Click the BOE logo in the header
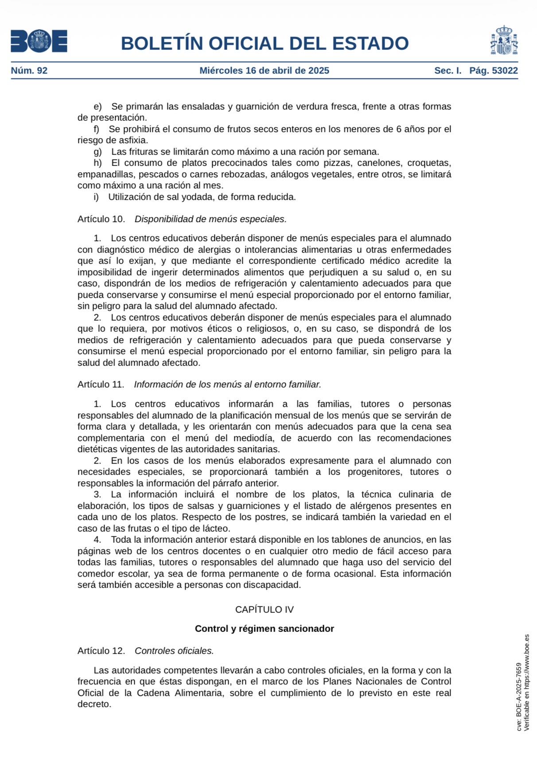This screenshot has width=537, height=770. coord(39,41)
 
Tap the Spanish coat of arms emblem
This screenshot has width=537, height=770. coord(504,40)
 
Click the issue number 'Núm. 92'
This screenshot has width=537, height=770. coord(29,70)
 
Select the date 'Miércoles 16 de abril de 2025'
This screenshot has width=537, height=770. coord(264,70)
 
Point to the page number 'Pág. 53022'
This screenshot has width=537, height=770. coord(494,70)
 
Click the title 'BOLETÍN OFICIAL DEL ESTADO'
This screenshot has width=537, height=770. coord(265,43)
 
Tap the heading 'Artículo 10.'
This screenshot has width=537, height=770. coord(101,219)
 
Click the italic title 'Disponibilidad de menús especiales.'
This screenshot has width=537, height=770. coord(210,219)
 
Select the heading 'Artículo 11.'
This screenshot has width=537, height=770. coord(101,384)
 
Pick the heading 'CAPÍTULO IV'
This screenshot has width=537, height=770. coord(264,610)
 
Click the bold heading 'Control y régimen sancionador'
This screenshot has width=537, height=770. coord(264,629)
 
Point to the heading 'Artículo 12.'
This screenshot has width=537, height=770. coord(101,651)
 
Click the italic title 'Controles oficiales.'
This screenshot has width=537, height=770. coord(174,651)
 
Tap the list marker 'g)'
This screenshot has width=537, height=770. coord(97,152)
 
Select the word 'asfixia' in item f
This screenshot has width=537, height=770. coord(132,140)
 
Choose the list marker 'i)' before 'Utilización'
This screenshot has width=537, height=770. coord(96,197)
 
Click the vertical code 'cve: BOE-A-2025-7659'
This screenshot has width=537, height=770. coord(519,696)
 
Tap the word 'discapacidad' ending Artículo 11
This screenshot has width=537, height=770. coord(273,585)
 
